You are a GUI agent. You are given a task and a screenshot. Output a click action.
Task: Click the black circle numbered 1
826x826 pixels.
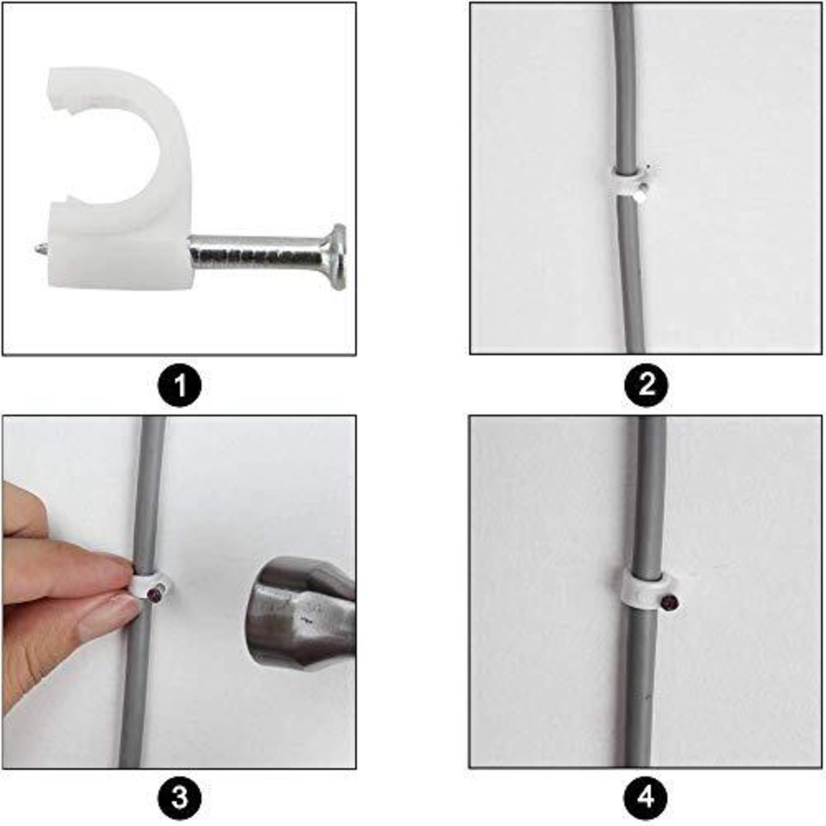[x=179, y=385]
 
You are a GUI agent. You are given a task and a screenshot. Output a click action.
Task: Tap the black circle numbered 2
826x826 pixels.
[x=646, y=385]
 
